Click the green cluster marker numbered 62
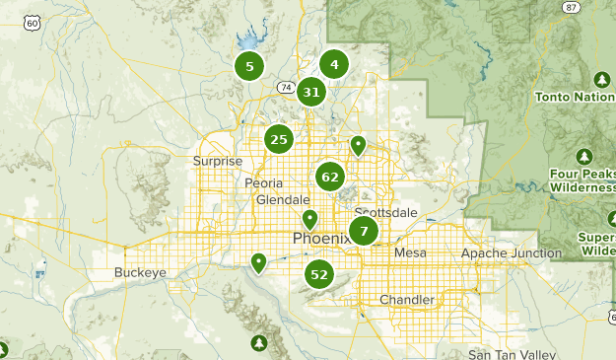click(329, 178)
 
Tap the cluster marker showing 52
click(318, 274)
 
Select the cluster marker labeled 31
click(311, 93)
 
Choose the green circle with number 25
click(279, 139)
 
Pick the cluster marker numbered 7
click(364, 232)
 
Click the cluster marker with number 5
click(249, 67)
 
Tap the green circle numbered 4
click(334, 65)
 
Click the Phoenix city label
click(321, 239)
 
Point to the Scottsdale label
click(385, 213)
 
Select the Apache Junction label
click(511, 253)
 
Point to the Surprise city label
click(218, 161)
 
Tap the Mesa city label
click(410, 253)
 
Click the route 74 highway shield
click(286, 88)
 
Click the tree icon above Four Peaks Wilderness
click(584, 157)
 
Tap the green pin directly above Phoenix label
click(309, 219)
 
